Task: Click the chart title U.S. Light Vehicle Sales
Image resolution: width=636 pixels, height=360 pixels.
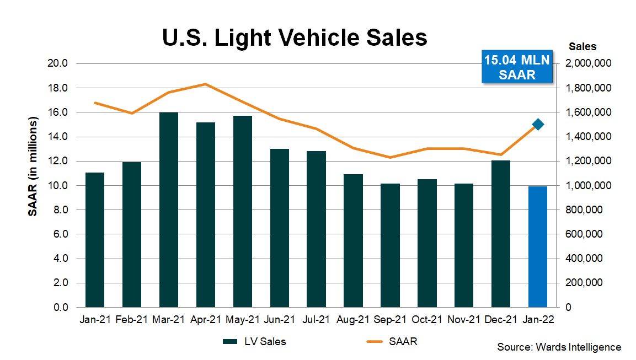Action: [295, 38]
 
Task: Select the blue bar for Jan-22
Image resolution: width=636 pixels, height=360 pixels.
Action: [538, 246]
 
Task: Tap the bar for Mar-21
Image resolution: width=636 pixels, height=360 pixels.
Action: [169, 209]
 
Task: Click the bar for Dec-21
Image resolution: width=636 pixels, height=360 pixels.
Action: [501, 234]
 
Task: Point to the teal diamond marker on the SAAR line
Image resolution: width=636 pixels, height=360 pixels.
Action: [538, 125]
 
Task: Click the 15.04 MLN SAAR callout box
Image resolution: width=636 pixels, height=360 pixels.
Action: [517, 67]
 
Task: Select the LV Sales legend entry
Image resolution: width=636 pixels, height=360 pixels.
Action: [254, 342]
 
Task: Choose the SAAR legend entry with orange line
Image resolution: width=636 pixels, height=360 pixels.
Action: [392, 342]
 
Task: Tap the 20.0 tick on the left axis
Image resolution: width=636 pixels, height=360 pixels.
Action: [57, 63]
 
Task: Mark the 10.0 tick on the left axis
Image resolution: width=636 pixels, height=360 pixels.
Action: [57, 186]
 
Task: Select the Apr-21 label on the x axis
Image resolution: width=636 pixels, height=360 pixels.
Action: [206, 319]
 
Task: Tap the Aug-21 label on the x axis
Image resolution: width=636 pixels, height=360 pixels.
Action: [353, 319]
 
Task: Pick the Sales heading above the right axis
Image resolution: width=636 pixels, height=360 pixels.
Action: [582, 47]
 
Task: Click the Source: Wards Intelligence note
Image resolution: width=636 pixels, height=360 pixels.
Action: [559, 347]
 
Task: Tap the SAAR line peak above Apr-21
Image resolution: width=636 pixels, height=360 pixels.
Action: [205, 84]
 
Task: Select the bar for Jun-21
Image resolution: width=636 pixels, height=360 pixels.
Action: [280, 228]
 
